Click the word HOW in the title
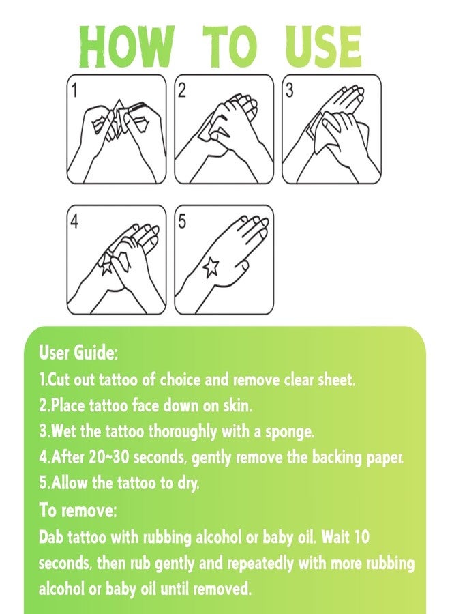126,47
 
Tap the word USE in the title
322,47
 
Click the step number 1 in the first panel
74,91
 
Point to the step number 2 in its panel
182,91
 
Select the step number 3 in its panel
290,91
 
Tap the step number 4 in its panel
74,222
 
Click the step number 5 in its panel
182,222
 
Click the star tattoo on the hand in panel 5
211,266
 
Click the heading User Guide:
78,353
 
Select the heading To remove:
78,510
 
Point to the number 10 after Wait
361,537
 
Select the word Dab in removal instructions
51,537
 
